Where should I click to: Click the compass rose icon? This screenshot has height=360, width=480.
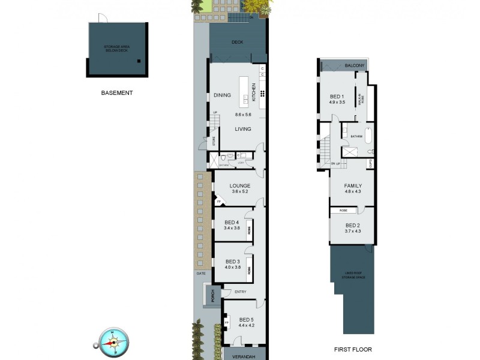(112, 340)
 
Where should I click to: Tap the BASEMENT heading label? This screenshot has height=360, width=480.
(117, 93)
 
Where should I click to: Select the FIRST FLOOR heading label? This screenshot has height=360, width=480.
(353, 349)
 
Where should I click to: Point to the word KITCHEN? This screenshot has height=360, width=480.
(254, 92)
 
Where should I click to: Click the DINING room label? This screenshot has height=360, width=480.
(222, 95)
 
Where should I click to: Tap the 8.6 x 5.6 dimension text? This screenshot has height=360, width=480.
(243, 115)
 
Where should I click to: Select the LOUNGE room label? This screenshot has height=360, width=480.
(239, 185)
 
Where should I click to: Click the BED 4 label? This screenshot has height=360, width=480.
(232, 223)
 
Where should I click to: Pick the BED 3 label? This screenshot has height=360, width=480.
(233, 261)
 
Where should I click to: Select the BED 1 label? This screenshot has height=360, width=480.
(337, 97)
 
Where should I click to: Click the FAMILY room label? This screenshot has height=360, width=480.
(353, 185)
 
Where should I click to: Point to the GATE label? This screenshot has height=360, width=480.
(200, 273)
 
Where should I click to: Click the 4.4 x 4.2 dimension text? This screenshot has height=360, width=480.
(247, 325)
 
